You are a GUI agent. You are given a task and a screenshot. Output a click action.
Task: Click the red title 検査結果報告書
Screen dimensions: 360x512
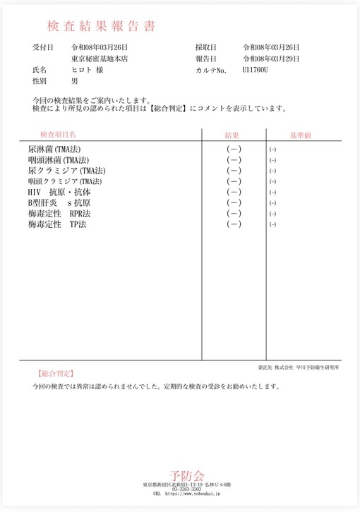pyautogui.click(x=101, y=27)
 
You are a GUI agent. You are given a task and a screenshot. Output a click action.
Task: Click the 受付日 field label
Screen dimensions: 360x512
pyautogui.click(x=43, y=47)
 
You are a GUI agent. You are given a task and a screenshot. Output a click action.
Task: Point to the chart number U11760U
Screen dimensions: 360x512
pyautogui.click(x=256, y=71)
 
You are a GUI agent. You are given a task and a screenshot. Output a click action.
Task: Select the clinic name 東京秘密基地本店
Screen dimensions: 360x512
pyautogui.click(x=100, y=59)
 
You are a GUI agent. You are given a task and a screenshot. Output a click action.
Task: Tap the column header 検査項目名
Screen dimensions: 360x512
pyautogui.click(x=58, y=133)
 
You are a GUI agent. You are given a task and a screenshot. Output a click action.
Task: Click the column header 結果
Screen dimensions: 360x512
pyautogui.click(x=234, y=134)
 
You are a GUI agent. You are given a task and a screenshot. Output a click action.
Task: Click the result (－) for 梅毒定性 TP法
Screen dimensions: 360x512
pyautogui.click(x=234, y=224)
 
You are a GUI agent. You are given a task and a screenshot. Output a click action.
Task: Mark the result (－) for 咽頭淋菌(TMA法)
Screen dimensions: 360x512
pyautogui.click(x=234, y=160)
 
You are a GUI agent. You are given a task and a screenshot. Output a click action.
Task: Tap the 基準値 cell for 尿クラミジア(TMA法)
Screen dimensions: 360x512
pyautogui.click(x=272, y=171)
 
